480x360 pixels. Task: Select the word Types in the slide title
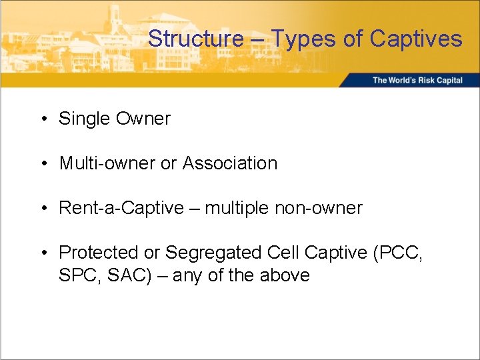click(x=304, y=39)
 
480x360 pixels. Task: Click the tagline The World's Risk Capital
click(x=417, y=81)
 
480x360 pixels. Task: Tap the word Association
click(x=229, y=163)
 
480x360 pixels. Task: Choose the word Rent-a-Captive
click(x=121, y=208)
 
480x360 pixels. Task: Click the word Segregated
click(x=213, y=253)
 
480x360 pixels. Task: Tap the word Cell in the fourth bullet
click(x=283, y=253)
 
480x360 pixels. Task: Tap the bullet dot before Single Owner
click(x=43, y=119)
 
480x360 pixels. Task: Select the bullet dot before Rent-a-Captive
click(x=43, y=209)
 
